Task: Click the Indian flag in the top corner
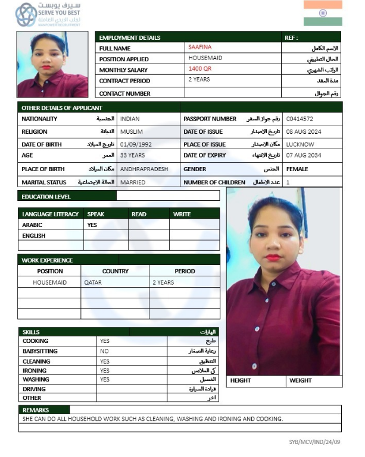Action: [323, 13]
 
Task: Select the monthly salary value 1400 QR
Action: [200, 69]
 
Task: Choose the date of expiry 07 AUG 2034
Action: [304, 156]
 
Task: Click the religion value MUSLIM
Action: [132, 132]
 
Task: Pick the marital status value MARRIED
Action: [133, 182]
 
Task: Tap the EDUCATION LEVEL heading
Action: [46, 197]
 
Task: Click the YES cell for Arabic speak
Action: [92, 225]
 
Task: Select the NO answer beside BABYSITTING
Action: [105, 351]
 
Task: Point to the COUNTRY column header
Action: [115, 271]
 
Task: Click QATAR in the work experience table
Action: [93, 282]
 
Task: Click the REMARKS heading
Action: [36, 410]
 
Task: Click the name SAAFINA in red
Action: [199, 47]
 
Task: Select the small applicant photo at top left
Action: [52, 65]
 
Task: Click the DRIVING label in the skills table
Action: [34, 389]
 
